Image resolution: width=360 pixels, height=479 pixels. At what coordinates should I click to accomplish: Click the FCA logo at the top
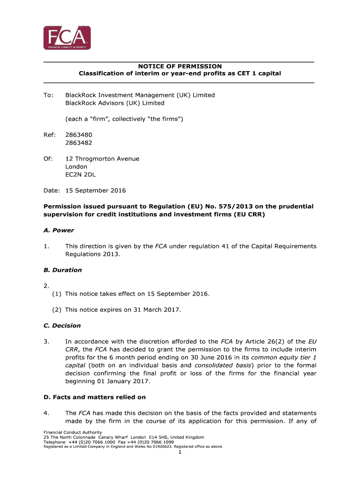(x=67, y=38)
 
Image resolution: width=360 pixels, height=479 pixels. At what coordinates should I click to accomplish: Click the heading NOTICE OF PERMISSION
(x=180, y=66)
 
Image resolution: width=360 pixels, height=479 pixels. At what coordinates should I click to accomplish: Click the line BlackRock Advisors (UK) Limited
(x=115, y=103)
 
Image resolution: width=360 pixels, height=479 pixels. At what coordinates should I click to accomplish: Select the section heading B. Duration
(x=63, y=270)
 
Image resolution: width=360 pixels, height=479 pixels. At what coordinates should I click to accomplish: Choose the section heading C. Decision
(x=62, y=326)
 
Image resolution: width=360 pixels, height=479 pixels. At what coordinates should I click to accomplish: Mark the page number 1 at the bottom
(x=180, y=452)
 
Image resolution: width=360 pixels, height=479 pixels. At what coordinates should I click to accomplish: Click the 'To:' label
(x=49, y=95)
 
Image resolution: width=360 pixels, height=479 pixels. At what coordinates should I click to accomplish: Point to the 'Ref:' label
(x=50, y=135)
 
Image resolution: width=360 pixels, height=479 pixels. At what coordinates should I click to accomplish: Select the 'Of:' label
(x=48, y=159)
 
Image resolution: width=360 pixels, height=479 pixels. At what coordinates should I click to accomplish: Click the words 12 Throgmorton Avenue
(x=102, y=159)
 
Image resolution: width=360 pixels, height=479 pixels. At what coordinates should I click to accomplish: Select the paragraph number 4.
(x=46, y=413)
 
